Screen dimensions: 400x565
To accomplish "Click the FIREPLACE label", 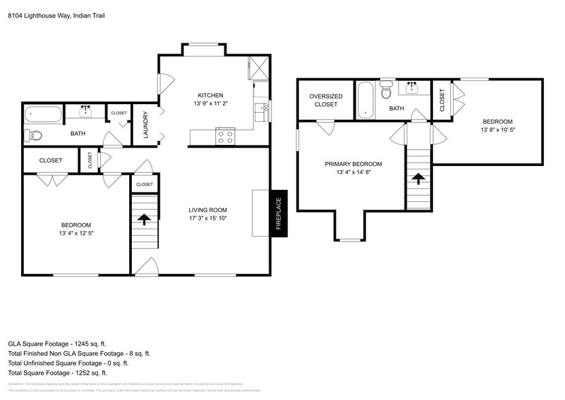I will (x=279, y=214).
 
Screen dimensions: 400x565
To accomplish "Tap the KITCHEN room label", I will (x=210, y=95).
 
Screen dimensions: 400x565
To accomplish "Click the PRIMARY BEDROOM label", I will (x=353, y=164).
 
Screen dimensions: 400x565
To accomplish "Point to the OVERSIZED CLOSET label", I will (x=326, y=101).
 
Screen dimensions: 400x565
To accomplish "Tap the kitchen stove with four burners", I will (x=225, y=137).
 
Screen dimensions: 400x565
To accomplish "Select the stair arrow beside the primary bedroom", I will (x=419, y=179).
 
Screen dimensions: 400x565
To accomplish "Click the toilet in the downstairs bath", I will (x=33, y=135).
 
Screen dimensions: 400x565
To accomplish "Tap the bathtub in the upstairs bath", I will (x=365, y=100).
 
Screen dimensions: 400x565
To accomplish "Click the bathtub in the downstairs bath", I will (x=44, y=114).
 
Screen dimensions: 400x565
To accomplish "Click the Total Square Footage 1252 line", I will (x=58, y=373).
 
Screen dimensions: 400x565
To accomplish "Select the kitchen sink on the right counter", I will (x=260, y=112).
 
